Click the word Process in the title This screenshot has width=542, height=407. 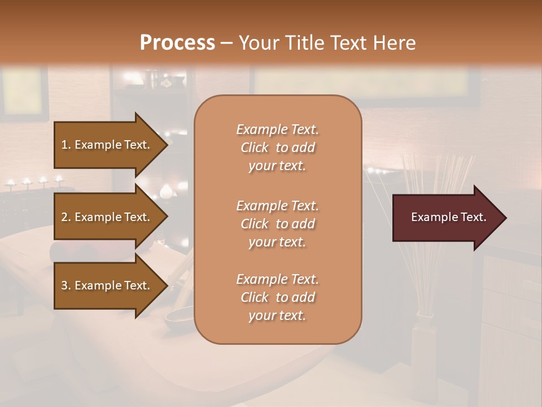coord(177,43)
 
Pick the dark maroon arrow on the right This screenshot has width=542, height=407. coord(446,218)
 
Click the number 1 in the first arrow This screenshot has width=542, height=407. coord(64,145)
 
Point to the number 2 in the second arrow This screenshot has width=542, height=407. coord(64,217)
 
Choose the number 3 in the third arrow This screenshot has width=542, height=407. coord(64,285)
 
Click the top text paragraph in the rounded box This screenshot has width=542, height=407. coord(277,148)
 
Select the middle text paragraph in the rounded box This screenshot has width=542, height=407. coord(277,224)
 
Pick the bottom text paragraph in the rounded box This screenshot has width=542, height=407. coord(277,297)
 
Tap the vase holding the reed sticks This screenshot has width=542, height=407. coord(423,339)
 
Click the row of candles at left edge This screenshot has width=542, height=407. coord(34,182)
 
